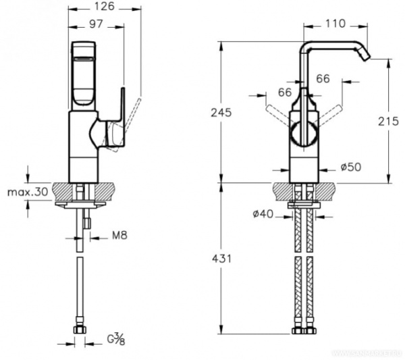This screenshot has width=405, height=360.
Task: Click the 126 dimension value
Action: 103,7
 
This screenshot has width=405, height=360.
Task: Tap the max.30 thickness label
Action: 28,192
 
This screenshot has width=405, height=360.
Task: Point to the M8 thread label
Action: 100,236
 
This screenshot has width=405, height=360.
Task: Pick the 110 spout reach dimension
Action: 335,24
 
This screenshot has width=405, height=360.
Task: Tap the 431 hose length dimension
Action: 221,259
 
